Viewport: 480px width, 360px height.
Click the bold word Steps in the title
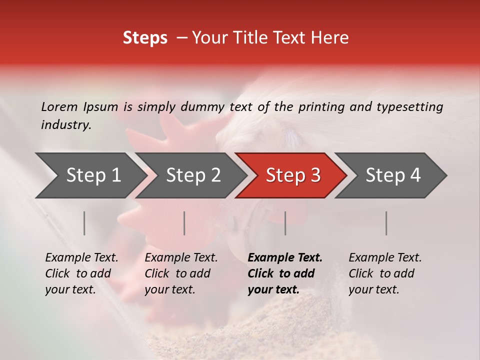click(145, 38)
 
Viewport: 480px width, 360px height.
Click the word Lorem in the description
click(59, 106)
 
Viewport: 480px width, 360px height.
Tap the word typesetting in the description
click(409, 106)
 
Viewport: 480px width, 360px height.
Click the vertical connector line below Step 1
click(84, 223)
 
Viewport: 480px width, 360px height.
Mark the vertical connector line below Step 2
click(184, 223)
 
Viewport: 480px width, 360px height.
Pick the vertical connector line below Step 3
click(285, 223)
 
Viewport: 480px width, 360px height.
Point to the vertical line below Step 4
click(386, 223)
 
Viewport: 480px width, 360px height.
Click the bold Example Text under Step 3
click(285, 258)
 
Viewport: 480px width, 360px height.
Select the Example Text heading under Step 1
click(81, 258)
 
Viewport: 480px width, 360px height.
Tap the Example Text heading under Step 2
click(181, 258)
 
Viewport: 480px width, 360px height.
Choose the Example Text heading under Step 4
click(385, 258)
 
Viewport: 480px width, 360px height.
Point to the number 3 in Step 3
click(315, 175)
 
